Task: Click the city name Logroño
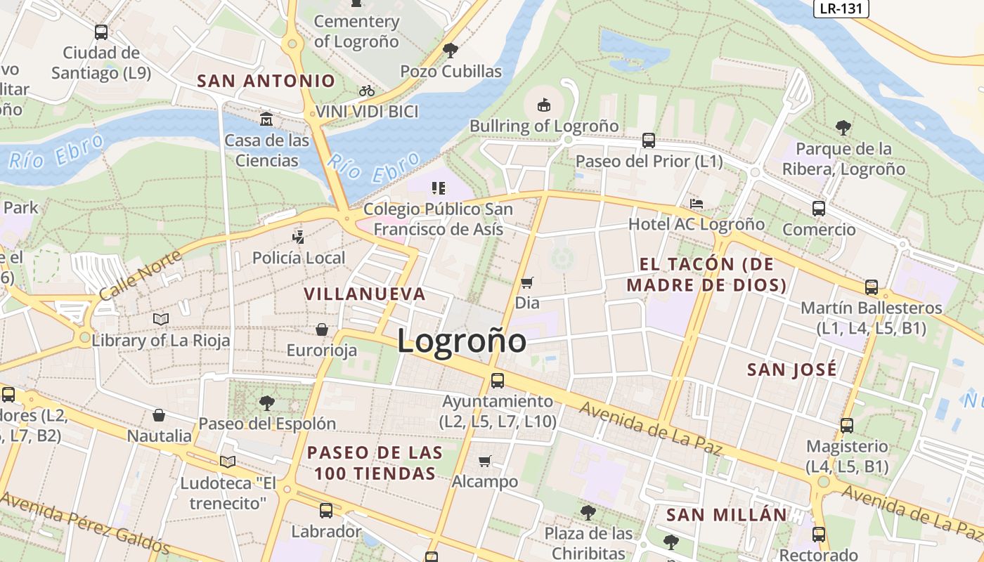tap(461, 341)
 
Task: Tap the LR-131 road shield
tap(841, 8)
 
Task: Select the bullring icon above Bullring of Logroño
tap(543, 105)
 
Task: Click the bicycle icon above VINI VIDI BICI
tap(366, 91)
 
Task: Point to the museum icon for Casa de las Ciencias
tap(266, 119)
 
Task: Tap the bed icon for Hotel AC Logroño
tap(696, 204)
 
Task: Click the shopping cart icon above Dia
tap(526, 282)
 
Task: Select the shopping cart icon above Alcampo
tap(484, 461)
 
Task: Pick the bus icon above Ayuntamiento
tap(497, 381)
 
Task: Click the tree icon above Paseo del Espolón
tap(266, 403)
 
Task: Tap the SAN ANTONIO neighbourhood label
tap(266, 81)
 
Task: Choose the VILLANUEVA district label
tap(365, 294)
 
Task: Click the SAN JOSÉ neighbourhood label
tap(791, 370)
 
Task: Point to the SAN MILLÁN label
tap(727, 514)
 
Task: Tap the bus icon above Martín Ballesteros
tap(871, 287)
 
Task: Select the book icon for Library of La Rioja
tap(161, 320)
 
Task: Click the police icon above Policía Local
tap(299, 237)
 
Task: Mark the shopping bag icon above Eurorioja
tap(321, 329)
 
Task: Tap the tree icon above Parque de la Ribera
tap(843, 127)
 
